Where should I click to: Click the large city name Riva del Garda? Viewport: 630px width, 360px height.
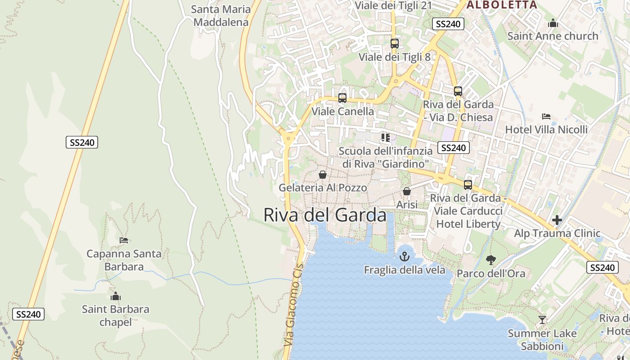324,215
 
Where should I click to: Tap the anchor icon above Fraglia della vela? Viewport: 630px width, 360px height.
405,256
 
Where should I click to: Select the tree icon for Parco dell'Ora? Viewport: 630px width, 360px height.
490,260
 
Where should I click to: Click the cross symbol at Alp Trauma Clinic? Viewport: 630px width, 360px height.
557,220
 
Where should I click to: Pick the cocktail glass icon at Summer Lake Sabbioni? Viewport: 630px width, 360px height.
542,320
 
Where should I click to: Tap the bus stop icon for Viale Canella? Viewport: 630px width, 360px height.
342,98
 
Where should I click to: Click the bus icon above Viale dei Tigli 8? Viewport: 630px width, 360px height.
394,44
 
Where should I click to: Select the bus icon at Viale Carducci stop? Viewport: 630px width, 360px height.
468,184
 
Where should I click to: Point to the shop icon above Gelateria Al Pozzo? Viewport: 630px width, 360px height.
322,175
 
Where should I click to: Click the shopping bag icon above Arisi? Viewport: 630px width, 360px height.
406,191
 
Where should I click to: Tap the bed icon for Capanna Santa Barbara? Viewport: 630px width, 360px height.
124,240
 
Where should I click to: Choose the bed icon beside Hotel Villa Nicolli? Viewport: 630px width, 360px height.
546,116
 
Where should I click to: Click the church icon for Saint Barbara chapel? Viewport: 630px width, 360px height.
116,296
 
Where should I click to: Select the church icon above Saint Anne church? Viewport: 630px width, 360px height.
553,23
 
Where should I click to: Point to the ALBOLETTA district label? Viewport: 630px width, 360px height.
502,5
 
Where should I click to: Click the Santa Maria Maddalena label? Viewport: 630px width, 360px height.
220,16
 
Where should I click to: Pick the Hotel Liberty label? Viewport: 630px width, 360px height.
468,224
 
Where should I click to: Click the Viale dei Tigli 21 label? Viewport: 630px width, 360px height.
393,5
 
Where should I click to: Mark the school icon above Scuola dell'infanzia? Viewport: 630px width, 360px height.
385,137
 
